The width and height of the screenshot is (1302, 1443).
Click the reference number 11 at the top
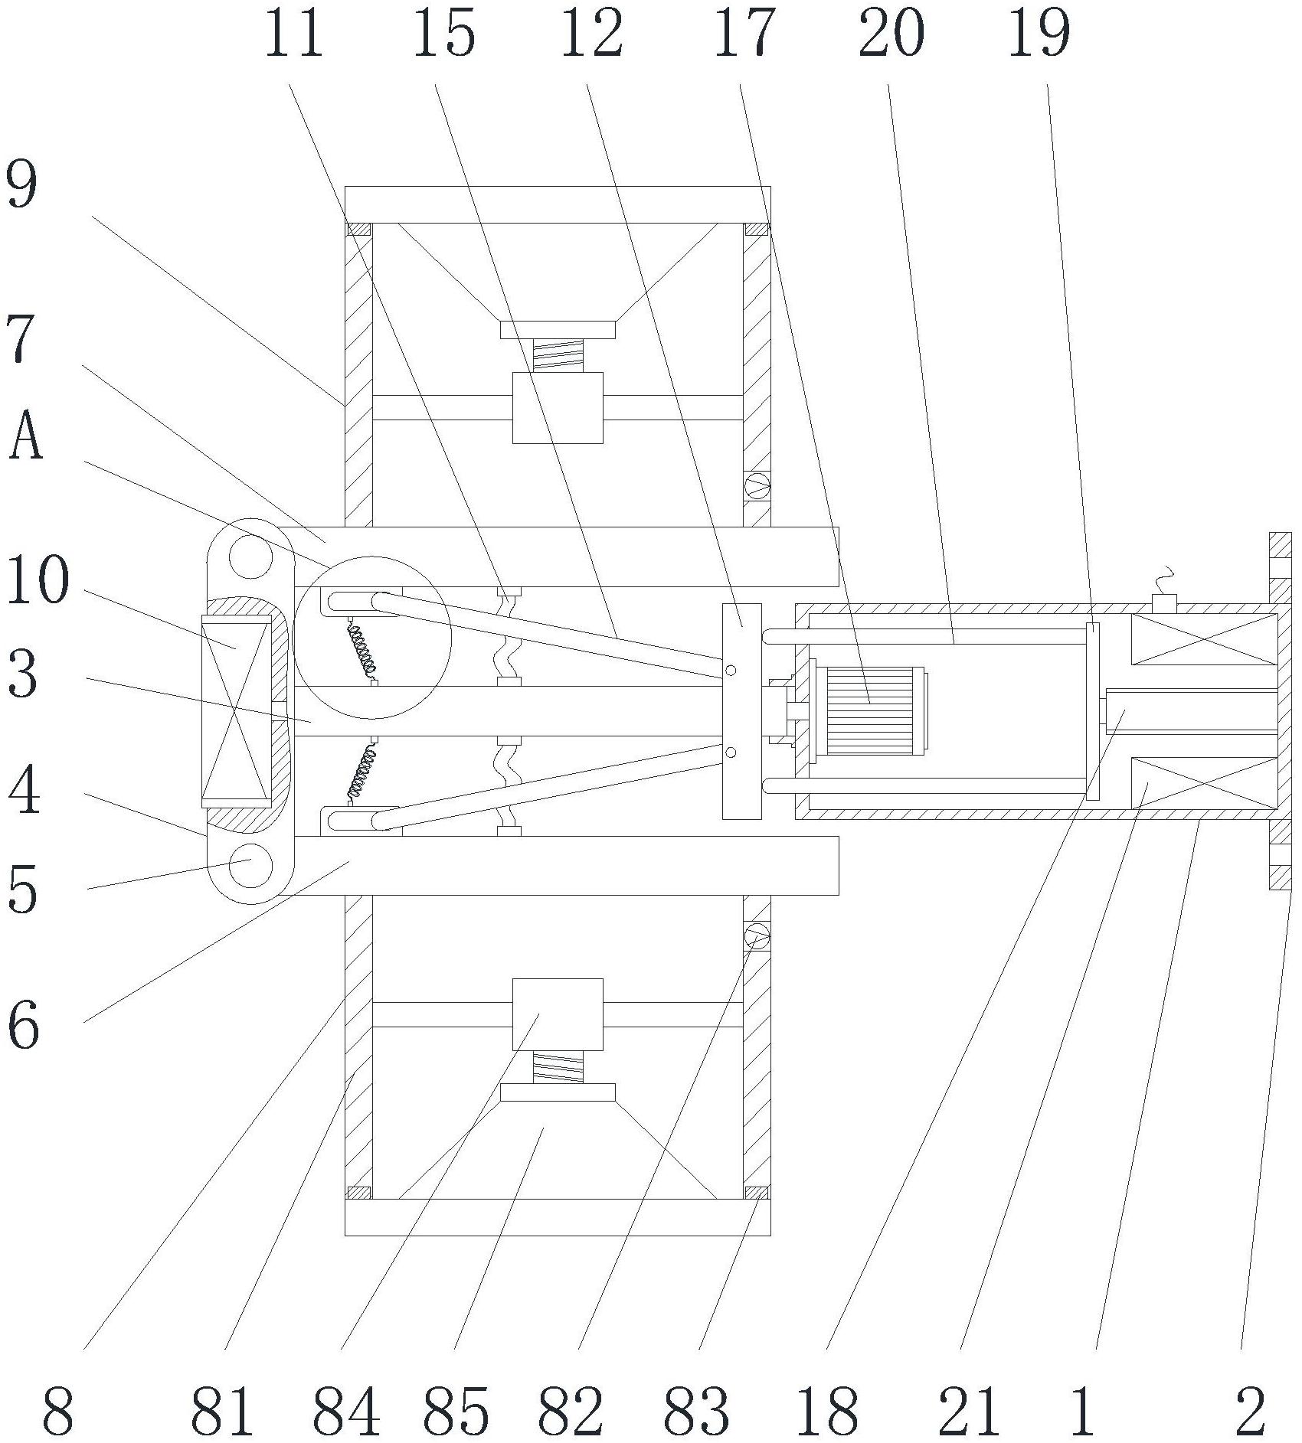[x=294, y=34]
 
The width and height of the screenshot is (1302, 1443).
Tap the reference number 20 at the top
[x=891, y=34]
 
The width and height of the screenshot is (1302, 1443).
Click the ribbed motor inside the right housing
[x=872, y=711]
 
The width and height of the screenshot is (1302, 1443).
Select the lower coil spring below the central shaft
[x=362, y=773]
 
